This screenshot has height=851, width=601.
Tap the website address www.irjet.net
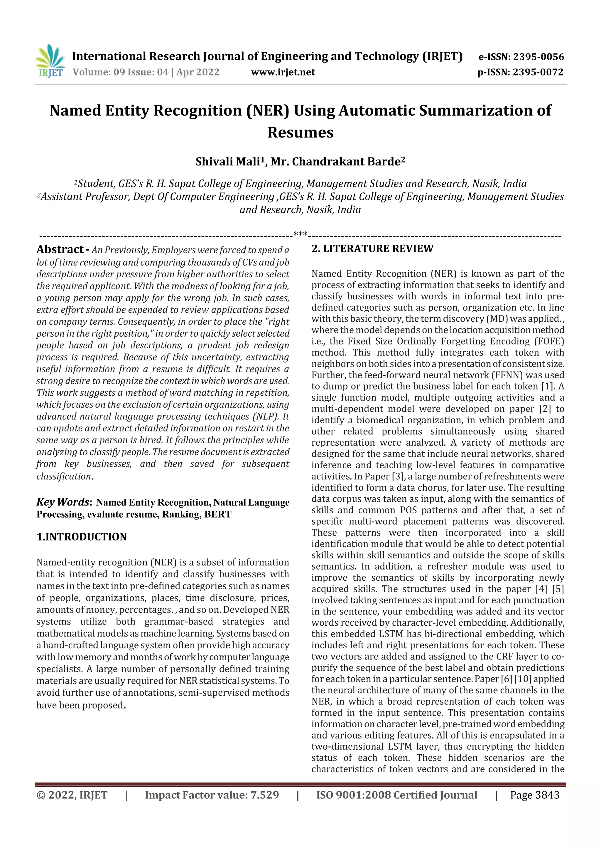click(283, 72)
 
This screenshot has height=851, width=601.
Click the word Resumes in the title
click(300, 132)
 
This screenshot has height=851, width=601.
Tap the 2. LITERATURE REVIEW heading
click(372, 249)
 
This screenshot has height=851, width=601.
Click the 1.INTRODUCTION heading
click(82, 537)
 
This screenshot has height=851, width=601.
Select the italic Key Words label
click(63, 502)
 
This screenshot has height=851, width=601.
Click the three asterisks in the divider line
click(300, 234)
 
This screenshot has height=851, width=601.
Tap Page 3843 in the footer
click(534, 795)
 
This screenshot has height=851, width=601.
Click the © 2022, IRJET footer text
click(72, 795)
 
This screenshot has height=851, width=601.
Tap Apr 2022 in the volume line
click(198, 72)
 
